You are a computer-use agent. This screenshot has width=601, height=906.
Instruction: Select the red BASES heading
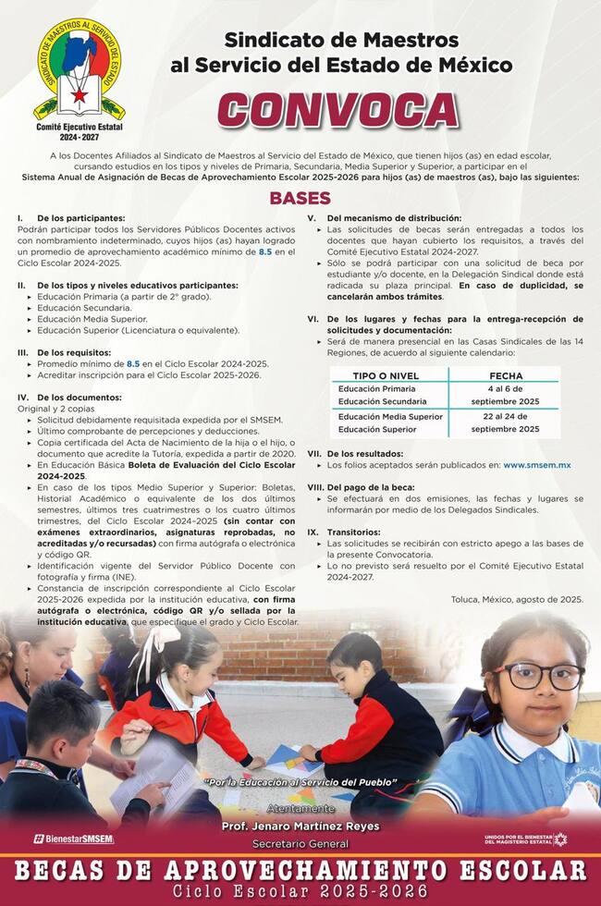[x=300, y=199]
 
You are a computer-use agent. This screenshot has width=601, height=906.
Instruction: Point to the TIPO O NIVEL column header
[x=386, y=376]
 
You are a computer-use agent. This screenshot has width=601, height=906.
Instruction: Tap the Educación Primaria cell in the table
[x=377, y=389]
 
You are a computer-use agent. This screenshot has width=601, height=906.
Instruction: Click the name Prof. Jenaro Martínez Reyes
[x=300, y=826]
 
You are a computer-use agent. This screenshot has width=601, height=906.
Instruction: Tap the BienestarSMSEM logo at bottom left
[x=74, y=839]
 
